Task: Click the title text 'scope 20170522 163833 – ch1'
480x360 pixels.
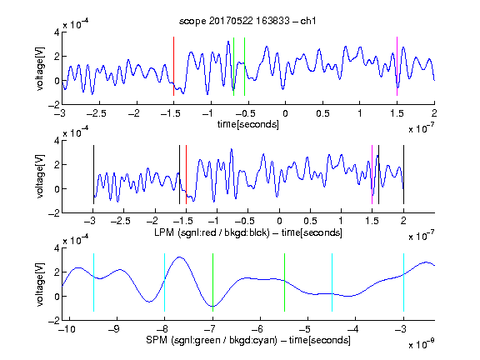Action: pos(247,21)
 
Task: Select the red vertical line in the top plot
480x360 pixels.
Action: pos(173,66)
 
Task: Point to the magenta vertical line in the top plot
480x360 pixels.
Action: pos(397,66)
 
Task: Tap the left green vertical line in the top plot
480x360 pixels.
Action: pos(233,67)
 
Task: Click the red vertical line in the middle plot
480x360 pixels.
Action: pos(186,174)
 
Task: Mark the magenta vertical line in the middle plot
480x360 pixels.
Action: pos(372,174)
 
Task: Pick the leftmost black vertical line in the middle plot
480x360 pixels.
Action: pos(93,174)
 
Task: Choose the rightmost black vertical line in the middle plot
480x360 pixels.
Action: pos(403,174)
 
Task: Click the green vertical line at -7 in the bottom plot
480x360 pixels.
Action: pos(212,282)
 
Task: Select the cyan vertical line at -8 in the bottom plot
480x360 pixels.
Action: pos(164,282)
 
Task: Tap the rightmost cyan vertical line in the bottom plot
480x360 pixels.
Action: pos(403,282)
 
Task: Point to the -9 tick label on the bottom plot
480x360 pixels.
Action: pos(114,329)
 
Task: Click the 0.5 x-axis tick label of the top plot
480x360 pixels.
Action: pos(322,113)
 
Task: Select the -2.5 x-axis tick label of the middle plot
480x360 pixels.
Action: pos(121,221)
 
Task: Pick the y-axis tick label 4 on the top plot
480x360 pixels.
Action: pos(57,32)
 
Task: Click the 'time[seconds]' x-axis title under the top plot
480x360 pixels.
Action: pos(248,124)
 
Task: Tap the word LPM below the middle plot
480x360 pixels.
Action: pos(164,232)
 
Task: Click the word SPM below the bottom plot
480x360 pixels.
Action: pos(157,340)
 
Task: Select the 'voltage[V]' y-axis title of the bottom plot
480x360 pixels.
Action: pos(39,284)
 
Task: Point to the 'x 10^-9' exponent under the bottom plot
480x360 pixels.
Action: pos(421,344)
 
